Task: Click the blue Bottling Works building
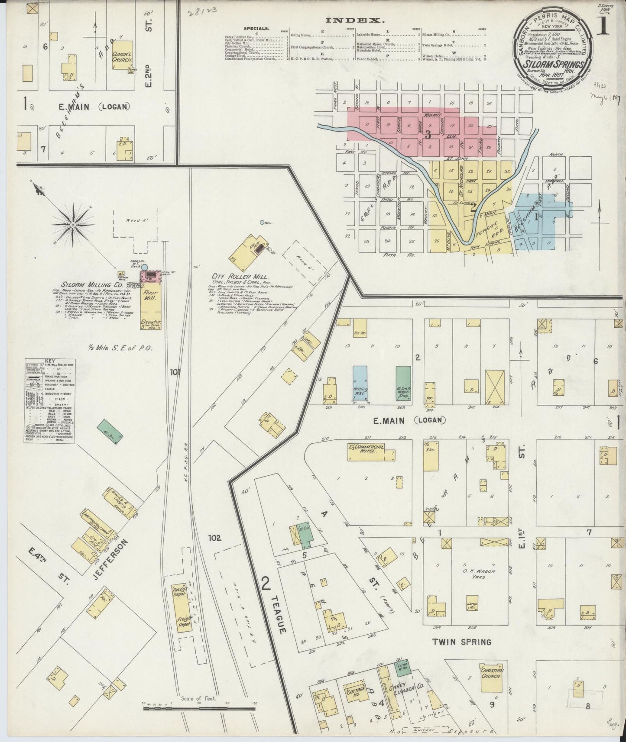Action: tap(360, 384)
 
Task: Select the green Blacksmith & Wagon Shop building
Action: tap(403, 384)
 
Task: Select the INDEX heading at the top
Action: tap(354, 20)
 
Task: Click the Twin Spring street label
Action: tap(462, 642)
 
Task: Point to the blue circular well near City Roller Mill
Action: tap(262, 223)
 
